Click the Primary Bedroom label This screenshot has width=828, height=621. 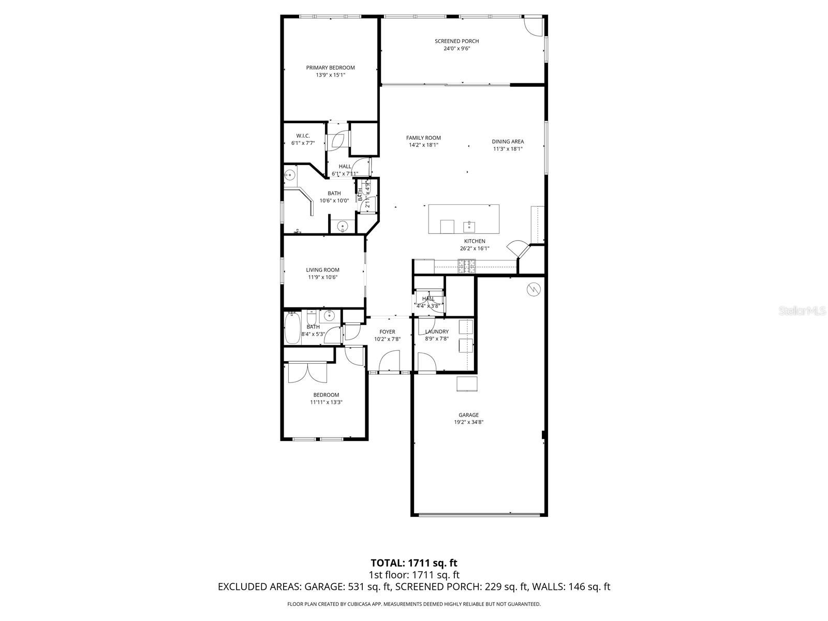coord(330,68)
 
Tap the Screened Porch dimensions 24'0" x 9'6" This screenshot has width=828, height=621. coord(456,49)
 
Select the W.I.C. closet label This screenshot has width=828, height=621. coord(303,136)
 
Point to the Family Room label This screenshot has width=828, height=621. coord(423,138)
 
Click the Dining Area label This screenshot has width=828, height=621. coord(508,141)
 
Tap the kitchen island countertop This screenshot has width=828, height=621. coord(464,219)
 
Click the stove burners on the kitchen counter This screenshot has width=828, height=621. coord(466,267)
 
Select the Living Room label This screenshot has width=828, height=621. coord(322,270)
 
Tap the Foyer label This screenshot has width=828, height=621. coord(387,332)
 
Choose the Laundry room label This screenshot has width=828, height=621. coord(437,332)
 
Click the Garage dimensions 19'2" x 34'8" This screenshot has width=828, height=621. coord(468,422)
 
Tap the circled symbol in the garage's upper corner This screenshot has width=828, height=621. coord(533,290)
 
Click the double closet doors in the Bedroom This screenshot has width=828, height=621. coord(307,372)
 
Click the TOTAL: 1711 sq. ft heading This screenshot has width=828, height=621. coord(414,563)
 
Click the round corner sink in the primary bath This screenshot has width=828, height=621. coord(290,174)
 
